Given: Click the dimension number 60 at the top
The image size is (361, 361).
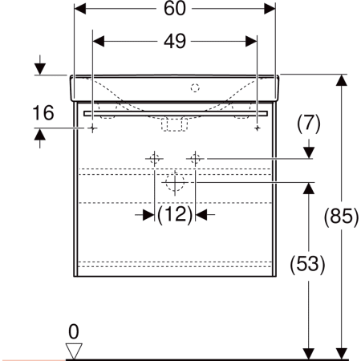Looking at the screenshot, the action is pos(174,8).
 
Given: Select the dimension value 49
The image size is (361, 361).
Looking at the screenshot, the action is pos(175,41).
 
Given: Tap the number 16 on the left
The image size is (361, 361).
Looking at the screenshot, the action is pos(43,112).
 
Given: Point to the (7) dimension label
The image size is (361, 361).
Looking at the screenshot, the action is pos(309,124).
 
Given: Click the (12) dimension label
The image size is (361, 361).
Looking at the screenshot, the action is pos(175,214).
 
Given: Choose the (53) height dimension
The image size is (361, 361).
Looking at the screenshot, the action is pos(308,264).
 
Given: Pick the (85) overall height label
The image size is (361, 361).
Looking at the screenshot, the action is pos(342,216).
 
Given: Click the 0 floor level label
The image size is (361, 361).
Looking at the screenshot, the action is pos(74,332).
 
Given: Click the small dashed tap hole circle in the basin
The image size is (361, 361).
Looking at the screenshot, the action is pos(195,87).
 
